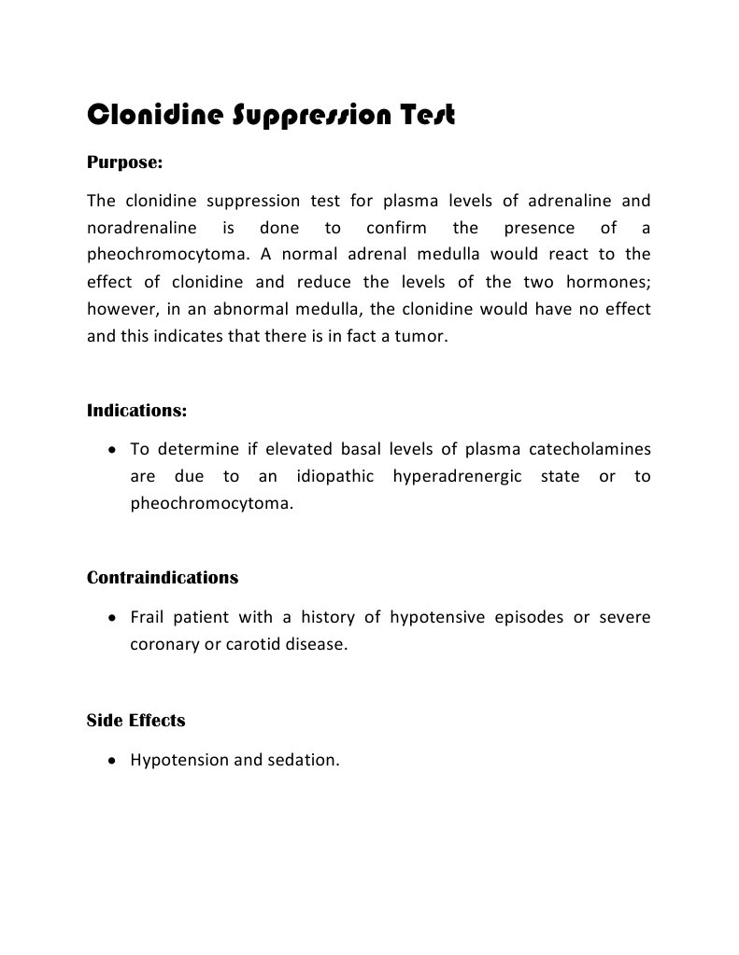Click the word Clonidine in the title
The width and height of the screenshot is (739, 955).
coord(155,116)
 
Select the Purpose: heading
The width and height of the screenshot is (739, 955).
coord(124,162)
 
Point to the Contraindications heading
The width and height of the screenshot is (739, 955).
coord(163,577)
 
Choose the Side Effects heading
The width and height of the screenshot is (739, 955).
coord(135,720)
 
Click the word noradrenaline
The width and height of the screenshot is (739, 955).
coord(141,227)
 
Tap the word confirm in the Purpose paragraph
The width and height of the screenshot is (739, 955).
coord(396,227)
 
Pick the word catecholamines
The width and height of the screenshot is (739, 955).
coord(590,450)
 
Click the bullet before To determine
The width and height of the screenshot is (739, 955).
coord(112,450)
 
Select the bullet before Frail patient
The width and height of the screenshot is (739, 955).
coord(112,618)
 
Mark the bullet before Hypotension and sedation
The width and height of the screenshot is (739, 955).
coord(112,761)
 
